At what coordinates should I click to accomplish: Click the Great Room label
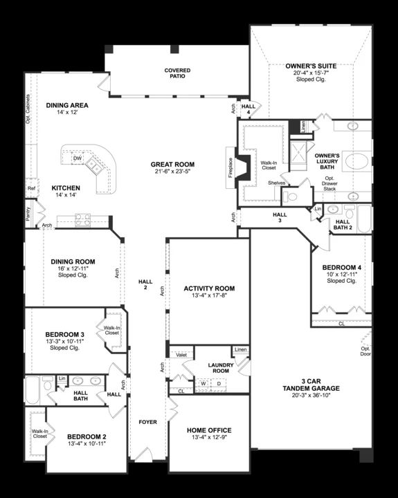click(172, 164)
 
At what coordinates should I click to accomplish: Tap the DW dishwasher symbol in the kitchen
click(78, 158)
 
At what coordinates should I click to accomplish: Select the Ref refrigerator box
click(31, 188)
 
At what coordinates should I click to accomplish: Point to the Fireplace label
click(230, 167)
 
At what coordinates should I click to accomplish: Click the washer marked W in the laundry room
click(203, 383)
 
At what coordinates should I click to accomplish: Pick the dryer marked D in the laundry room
click(219, 383)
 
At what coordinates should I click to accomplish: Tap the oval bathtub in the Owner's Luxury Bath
click(356, 161)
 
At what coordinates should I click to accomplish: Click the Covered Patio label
click(177, 73)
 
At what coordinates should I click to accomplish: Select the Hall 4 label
click(248, 109)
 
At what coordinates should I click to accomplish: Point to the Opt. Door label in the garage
click(365, 351)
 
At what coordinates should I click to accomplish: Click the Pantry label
click(28, 214)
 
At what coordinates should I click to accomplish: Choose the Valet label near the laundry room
click(181, 355)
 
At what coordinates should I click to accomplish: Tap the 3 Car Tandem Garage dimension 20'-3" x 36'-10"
click(311, 396)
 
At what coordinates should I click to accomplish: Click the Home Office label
click(209, 430)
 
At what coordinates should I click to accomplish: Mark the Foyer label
click(148, 422)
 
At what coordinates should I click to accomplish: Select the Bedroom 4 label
click(342, 268)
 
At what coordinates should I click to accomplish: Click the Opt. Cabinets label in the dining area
click(28, 109)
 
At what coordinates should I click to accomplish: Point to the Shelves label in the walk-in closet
click(276, 183)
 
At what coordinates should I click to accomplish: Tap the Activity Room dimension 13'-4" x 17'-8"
click(209, 295)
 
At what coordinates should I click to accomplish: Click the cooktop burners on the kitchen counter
click(82, 220)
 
